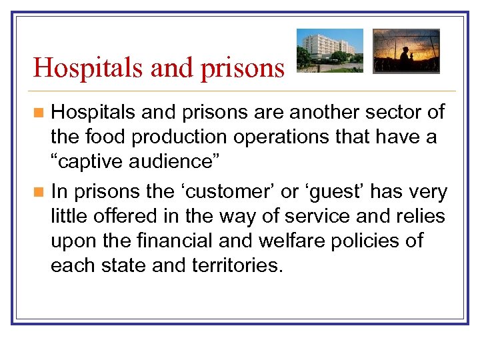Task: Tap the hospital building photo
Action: (330, 51)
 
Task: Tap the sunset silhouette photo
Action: (406, 51)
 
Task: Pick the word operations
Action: (291, 138)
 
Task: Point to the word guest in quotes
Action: (335, 192)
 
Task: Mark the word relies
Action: (422, 217)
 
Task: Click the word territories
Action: (235, 265)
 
